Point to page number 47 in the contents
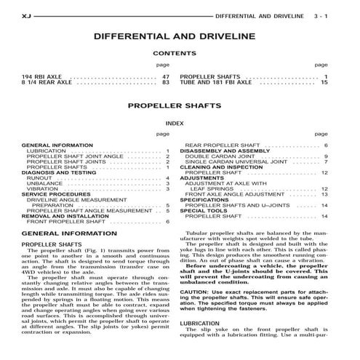[x=166, y=76]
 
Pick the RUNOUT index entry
[x=40, y=177]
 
